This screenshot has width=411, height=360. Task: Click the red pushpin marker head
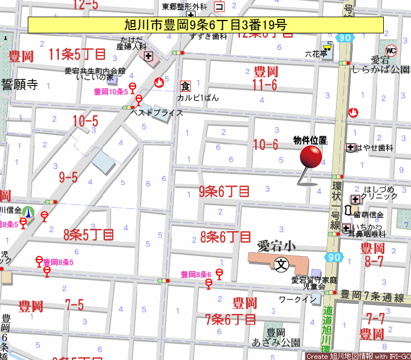point(310,157)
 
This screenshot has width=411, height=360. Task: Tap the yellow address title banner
point(205,24)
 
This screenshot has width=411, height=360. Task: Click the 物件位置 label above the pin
point(310,141)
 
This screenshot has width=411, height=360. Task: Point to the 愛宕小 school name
point(276,245)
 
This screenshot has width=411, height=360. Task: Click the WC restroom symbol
point(392,51)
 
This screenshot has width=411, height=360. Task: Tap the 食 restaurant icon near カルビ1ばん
point(186,86)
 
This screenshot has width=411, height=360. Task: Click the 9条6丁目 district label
point(224,192)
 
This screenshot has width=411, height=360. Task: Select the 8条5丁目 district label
point(89,234)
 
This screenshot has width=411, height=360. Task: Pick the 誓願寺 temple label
point(19,84)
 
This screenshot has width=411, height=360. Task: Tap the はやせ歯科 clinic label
point(375,148)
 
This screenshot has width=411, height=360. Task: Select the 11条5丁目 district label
point(77,54)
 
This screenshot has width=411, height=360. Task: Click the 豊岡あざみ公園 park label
point(276,337)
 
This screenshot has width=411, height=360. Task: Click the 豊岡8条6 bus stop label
point(197,274)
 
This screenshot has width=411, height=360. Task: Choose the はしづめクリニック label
point(379,192)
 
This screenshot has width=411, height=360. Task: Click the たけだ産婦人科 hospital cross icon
point(148,56)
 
